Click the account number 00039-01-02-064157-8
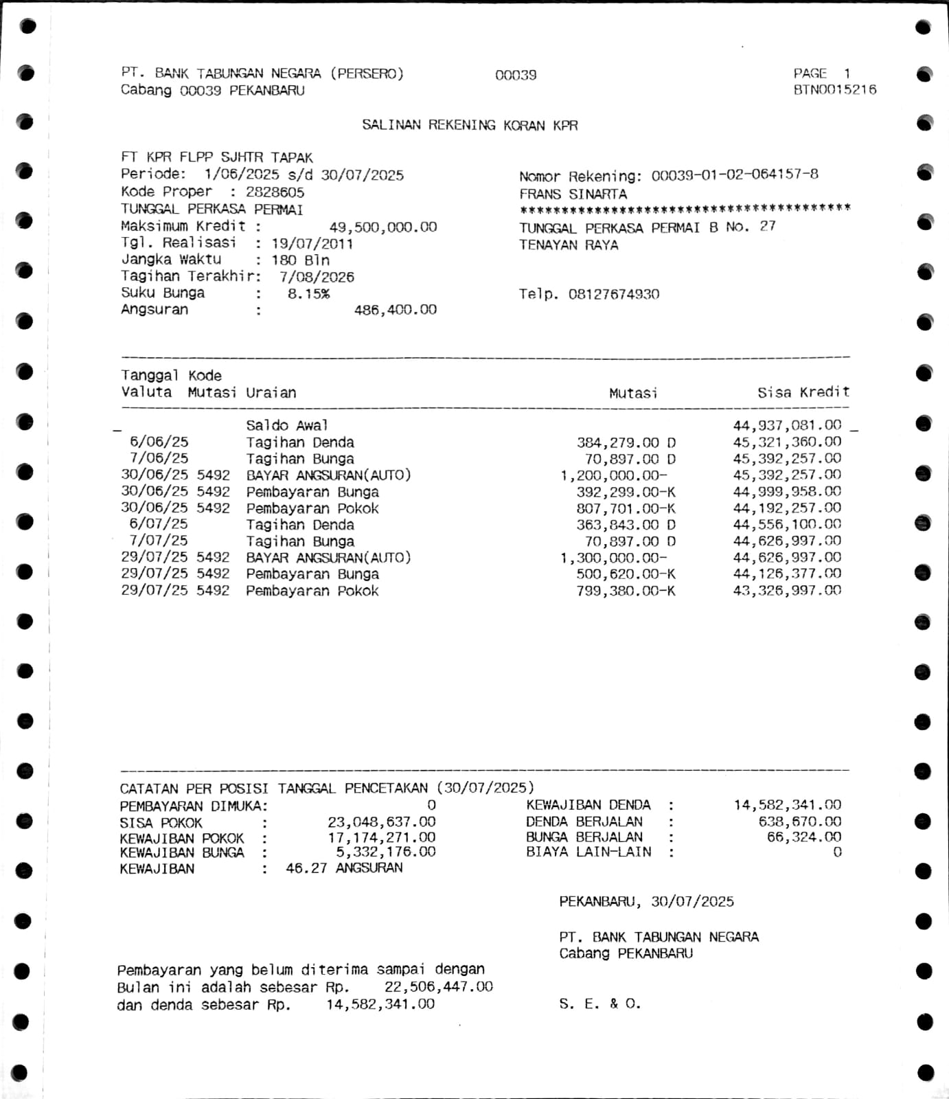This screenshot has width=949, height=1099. click(x=734, y=175)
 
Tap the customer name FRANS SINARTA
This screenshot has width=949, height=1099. click(x=573, y=194)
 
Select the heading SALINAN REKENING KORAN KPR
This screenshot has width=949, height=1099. click(x=470, y=125)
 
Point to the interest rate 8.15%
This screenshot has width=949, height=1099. click(x=308, y=294)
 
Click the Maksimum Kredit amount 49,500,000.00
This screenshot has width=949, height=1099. click(x=382, y=227)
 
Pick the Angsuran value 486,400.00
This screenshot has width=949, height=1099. click(x=395, y=310)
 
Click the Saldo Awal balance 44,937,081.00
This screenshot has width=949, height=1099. click(x=786, y=426)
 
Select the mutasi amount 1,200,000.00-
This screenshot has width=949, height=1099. click(x=613, y=475)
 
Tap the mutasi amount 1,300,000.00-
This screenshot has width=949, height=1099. click(x=613, y=558)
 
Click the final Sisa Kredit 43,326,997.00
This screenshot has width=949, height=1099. click(x=786, y=591)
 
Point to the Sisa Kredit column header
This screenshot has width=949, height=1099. click(x=803, y=392)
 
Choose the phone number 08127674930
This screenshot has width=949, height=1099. click(x=613, y=295)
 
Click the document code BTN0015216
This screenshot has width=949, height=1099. click(x=834, y=90)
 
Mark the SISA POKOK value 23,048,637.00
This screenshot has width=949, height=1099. click(x=381, y=822)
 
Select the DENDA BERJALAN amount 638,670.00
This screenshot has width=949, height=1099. click(x=799, y=822)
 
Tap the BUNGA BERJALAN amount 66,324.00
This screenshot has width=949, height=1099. click(x=803, y=837)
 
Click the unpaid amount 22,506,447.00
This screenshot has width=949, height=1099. click(x=438, y=987)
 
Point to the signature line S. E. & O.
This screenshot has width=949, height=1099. click(x=599, y=1004)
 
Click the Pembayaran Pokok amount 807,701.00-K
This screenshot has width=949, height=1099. click(x=626, y=508)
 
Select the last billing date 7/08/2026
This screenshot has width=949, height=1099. click(x=317, y=277)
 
